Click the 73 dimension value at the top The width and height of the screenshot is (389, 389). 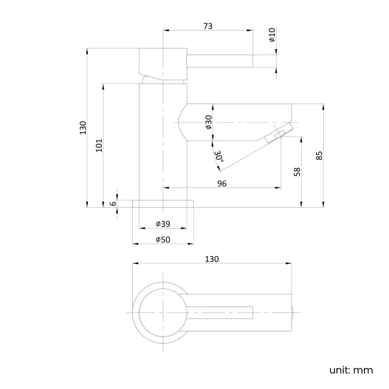pos(208,26)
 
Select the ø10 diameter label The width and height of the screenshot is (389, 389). pos(271,35)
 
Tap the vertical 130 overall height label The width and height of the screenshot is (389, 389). pos(83,127)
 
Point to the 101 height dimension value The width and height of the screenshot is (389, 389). pos(99,145)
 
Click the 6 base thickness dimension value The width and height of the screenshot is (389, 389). pos(113,203)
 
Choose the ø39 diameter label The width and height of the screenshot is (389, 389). pos(163,223)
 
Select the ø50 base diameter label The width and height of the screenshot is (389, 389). pos(163,239)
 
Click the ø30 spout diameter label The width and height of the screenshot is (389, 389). pos(208,122)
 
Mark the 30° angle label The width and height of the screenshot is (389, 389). pos(218,156)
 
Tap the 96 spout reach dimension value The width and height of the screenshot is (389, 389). pos(221,184)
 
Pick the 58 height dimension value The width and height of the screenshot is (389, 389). pos(297,172)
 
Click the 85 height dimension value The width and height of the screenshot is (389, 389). pos(320,155)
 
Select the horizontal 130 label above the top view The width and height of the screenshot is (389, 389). pos(212,259)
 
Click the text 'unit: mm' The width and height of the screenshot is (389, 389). pos(351,369)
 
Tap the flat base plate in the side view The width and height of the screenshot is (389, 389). pos(163,203)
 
